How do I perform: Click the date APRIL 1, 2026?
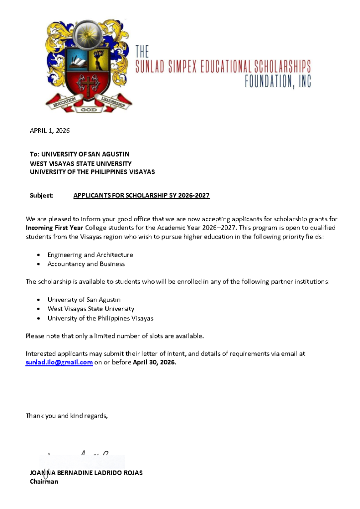coord(50,131)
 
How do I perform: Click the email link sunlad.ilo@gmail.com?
coord(59,362)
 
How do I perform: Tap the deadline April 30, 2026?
coord(154,362)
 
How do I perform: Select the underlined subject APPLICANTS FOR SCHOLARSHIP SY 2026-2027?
coord(141,195)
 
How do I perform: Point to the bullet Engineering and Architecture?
coord(90,254)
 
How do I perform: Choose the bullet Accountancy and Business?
coord(86,264)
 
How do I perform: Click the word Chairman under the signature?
coord(44,481)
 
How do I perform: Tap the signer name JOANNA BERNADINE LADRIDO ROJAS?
coord(86,473)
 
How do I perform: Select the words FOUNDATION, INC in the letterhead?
coord(277,81)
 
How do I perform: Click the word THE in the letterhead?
coord(142,51)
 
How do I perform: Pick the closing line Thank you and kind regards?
coord(67,416)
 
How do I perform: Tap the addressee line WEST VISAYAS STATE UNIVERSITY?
coord(81,163)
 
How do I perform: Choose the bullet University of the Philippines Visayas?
coord(100,318)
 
